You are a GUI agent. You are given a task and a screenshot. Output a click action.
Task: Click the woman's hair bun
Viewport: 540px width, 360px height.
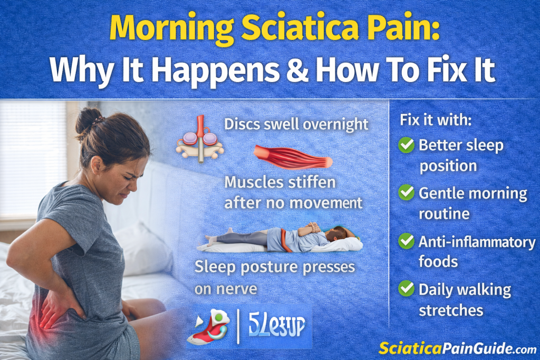coord(85,120)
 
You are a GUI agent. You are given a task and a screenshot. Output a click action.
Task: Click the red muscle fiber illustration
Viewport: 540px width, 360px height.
coord(293,157)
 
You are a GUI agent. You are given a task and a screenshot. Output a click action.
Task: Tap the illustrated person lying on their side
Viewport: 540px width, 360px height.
coord(279,240)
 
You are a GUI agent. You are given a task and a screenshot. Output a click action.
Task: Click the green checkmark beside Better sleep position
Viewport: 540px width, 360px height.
coord(406,145)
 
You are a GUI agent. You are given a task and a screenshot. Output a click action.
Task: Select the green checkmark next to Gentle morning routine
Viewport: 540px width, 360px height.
coord(406,193)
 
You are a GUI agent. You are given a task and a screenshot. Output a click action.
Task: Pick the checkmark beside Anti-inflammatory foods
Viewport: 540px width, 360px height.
coord(406,241)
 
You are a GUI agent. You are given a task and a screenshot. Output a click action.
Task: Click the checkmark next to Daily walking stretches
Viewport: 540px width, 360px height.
coord(406,288)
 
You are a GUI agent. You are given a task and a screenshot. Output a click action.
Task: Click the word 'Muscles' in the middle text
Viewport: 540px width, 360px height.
coord(251,182)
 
